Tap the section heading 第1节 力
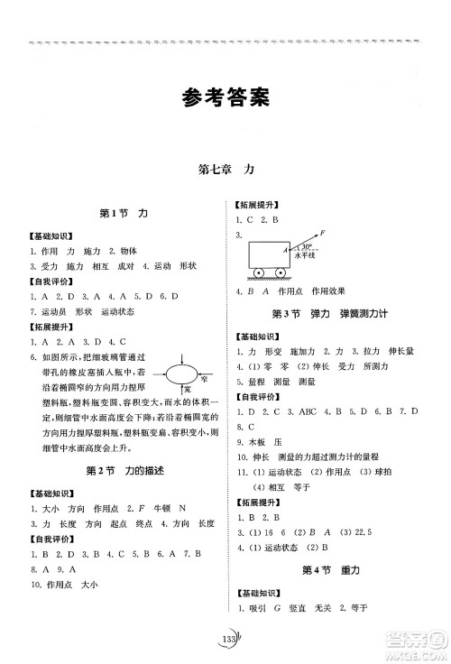[126, 238]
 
